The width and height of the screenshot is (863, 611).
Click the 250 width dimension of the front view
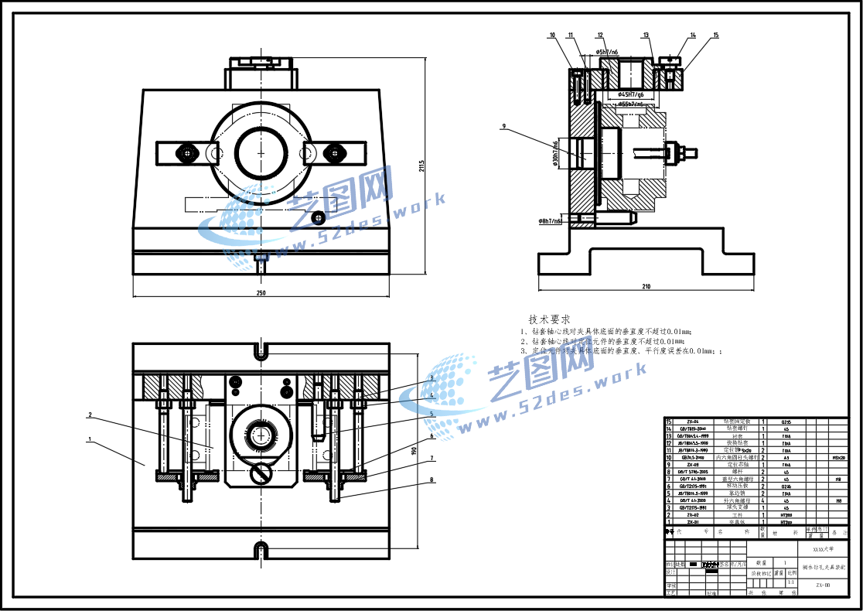(261, 292)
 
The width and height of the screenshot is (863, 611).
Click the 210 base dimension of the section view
(646, 287)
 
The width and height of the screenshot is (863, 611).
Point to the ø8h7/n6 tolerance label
(551, 221)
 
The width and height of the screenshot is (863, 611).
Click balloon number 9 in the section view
(503, 126)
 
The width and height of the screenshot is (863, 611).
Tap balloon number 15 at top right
(716, 36)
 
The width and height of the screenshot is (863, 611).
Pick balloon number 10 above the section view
(552, 36)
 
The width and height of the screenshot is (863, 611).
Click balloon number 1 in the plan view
(90, 439)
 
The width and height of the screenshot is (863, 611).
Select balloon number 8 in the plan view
(432, 480)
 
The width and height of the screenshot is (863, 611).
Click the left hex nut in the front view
(188, 152)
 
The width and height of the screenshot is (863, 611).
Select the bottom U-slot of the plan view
(261, 550)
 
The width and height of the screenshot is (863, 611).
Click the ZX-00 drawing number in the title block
(823, 586)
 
